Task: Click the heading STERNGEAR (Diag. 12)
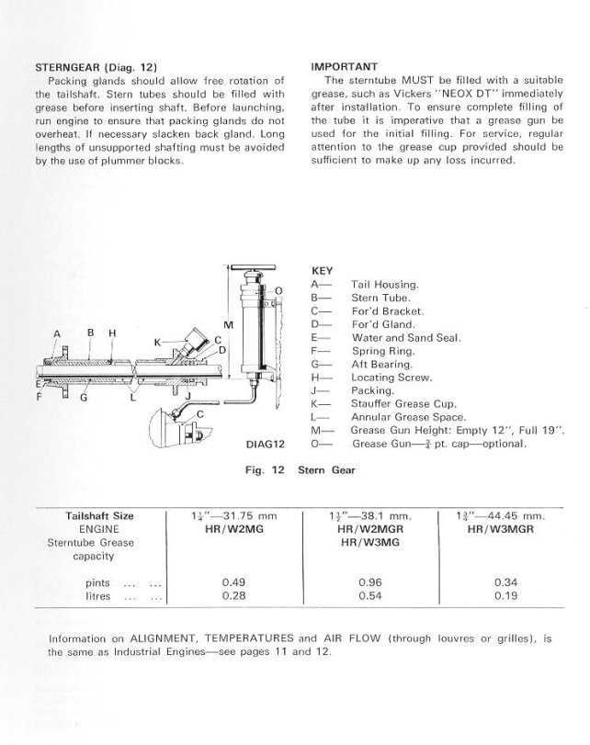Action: click(x=96, y=67)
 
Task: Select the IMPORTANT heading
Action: click(x=345, y=67)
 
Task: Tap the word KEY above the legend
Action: click(x=323, y=271)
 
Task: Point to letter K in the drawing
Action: click(x=158, y=342)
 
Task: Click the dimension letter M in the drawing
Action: click(x=229, y=325)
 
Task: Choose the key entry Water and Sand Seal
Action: click(x=405, y=337)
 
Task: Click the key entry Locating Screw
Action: click(x=391, y=377)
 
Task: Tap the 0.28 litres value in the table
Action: click(x=234, y=596)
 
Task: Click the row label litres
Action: click(x=98, y=596)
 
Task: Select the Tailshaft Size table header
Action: click(x=100, y=515)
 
